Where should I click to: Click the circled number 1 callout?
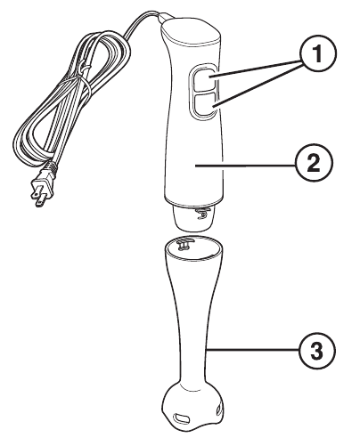[318, 54]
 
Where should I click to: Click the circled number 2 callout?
[314, 163]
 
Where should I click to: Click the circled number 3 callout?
[316, 351]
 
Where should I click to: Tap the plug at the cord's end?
[43, 187]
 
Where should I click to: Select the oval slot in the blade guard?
[182, 418]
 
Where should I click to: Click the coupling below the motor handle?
[193, 219]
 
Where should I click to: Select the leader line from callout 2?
[245, 166]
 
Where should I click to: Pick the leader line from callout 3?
[252, 350]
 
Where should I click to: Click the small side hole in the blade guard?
[219, 410]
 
